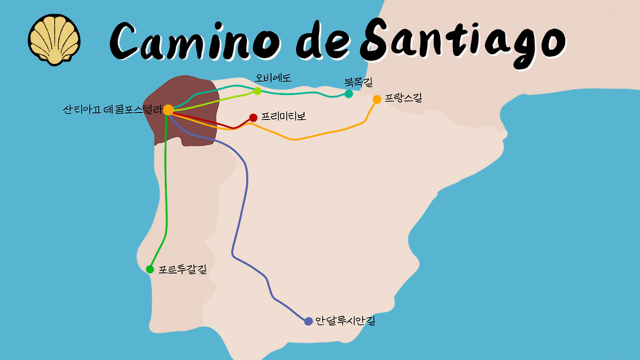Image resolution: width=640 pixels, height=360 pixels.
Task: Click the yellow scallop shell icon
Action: coord(54,39)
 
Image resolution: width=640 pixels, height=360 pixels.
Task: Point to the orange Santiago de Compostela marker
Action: coord(168,109)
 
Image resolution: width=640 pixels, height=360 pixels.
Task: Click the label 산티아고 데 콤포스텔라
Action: coord(113,109)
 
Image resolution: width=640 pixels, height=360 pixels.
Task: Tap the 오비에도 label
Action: coord(273,78)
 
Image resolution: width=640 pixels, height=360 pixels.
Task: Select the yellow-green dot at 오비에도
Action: coord(257,90)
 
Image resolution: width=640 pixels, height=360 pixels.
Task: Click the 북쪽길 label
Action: coord(358,81)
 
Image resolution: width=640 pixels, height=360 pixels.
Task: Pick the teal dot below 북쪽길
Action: coord(348,93)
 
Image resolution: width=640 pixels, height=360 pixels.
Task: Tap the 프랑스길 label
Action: coord(403,98)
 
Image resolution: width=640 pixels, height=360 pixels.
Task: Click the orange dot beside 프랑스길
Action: coord(377,99)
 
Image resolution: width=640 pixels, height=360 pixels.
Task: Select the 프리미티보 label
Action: coord(283,117)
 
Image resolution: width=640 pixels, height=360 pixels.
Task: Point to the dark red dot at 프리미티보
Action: coord(253,117)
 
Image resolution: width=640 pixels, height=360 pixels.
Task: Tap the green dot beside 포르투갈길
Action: coord(150,269)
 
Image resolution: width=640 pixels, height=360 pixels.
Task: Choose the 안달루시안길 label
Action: coord(345,321)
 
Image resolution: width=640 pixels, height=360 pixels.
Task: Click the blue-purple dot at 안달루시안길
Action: coord(308,321)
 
